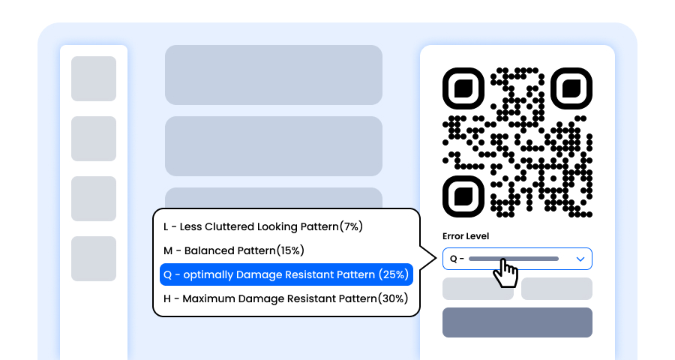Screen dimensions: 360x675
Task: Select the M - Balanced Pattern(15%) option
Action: (x=234, y=250)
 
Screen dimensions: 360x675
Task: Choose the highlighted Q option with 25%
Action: (x=286, y=274)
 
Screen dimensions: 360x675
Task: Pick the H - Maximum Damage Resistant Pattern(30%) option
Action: (x=286, y=298)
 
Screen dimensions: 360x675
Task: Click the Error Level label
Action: (x=466, y=236)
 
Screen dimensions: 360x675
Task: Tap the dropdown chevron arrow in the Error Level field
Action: (x=580, y=259)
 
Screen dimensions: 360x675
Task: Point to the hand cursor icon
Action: (x=505, y=273)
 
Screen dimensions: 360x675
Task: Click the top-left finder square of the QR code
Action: (x=464, y=89)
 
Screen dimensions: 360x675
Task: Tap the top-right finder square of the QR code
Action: (x=571, y=89)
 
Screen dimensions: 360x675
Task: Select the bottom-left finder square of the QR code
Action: (x=464, y=196)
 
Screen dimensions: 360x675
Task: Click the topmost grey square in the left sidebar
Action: (x=94, y=79)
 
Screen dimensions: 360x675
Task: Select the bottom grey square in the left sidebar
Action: (x=94, y=259)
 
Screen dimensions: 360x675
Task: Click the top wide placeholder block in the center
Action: (x=274, y=75)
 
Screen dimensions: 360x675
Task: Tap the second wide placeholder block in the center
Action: (x=274, y=146)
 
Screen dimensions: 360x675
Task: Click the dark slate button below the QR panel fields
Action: (x=517, y=322)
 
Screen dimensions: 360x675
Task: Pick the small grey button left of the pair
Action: (x=478, y=289)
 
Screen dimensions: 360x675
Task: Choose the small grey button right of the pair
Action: (x=556, y=289)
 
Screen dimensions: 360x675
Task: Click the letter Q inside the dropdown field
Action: (x=453, y=259)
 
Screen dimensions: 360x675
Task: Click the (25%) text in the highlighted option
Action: (x=393, y=274)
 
